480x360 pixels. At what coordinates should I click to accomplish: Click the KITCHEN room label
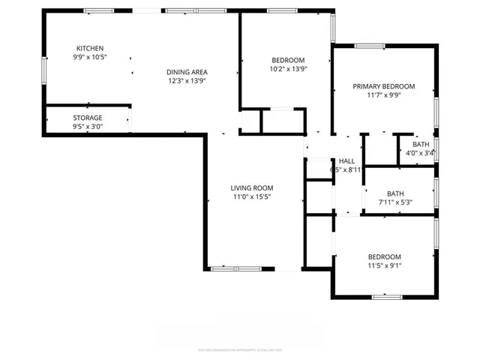(89, 49)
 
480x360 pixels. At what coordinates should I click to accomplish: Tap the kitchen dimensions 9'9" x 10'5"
(89, 58)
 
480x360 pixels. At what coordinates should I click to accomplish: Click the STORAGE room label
(88, 118)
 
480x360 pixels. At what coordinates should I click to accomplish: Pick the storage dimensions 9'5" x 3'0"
(88, 127)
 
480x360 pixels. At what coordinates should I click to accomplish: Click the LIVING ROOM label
(251, 187)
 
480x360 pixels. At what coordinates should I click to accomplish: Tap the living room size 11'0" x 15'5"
(251, 196)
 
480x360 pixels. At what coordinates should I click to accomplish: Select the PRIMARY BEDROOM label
(383, 86)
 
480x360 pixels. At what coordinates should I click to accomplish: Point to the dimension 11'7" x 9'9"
(383, 95)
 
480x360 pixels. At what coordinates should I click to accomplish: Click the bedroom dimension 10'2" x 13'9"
(288, 69)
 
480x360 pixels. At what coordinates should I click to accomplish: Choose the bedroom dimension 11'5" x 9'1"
(384, 265)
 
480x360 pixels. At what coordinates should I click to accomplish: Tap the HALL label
(346, 161)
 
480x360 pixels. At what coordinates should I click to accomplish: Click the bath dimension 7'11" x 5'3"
(395, 202)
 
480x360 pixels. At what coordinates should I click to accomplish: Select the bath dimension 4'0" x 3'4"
(421, 154)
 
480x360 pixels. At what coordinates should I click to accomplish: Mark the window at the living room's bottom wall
(236, 268)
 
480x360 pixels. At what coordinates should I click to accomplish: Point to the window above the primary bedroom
(369, 46)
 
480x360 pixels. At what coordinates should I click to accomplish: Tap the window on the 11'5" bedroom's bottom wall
(387, 297)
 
